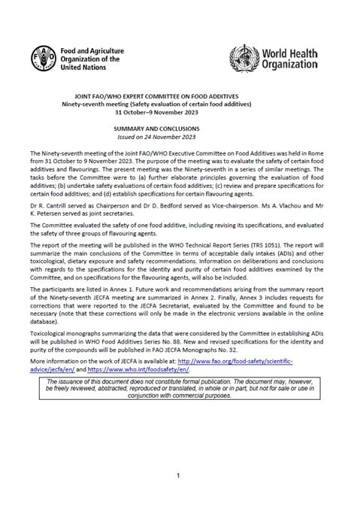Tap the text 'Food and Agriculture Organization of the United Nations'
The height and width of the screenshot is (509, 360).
(89, 58)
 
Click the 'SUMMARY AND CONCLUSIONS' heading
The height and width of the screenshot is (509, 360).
(180, 129)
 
